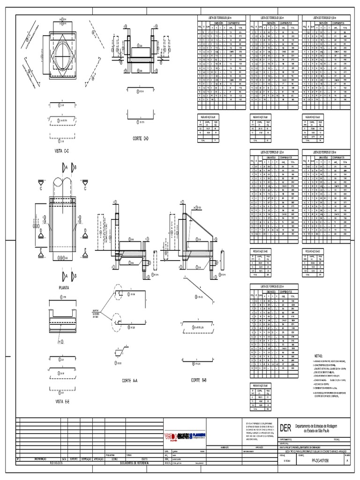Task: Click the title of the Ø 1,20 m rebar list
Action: point(275,152)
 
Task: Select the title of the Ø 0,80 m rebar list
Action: point(275,17)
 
